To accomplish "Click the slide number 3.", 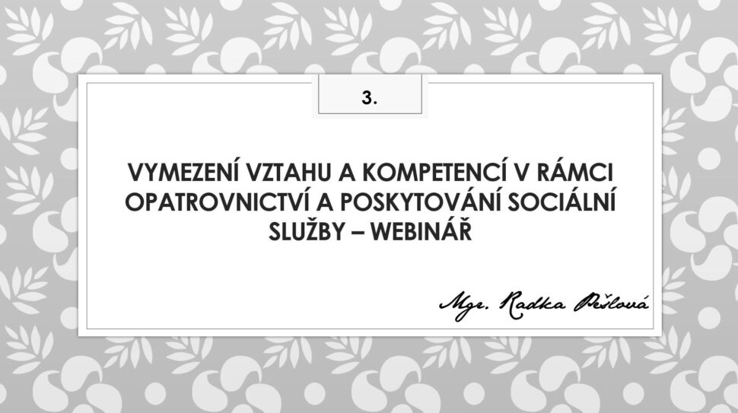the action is point(370,97).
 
